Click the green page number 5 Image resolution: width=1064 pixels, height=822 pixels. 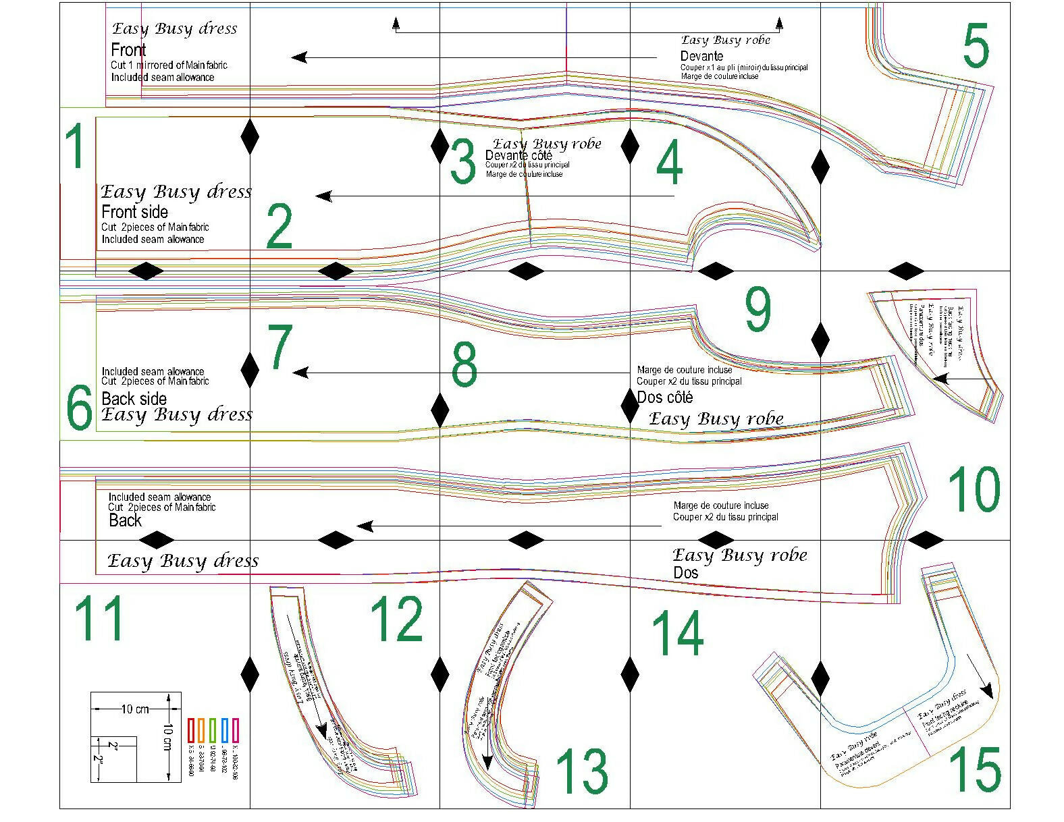[976, 46]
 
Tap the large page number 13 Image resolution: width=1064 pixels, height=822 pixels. [581, 771]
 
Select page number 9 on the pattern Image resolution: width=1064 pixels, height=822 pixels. [757, 309]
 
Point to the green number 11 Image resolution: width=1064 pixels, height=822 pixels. [99, 618]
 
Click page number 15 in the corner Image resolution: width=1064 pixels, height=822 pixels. [975, 770]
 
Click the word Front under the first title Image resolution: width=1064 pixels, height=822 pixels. [128, 50]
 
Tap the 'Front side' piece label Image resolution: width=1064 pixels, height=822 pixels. [134, 212]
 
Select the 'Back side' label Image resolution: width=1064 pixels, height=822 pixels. [134, 398]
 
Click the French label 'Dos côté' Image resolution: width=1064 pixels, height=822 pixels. [664, 398]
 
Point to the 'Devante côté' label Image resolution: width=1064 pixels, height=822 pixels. [518, 156]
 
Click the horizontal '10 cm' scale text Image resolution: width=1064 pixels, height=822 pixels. [135, 709]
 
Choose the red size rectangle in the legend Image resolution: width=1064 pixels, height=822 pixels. [190, 731]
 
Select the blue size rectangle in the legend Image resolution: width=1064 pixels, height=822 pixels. [224, 731]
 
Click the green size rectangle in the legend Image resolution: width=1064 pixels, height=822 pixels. [213, 731]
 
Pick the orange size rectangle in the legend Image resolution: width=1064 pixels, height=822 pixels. [201, 731]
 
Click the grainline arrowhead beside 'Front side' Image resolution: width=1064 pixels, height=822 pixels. [323, 196]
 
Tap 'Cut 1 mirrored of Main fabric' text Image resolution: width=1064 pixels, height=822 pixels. [169, 65]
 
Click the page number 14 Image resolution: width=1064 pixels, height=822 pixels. [677, 633]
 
